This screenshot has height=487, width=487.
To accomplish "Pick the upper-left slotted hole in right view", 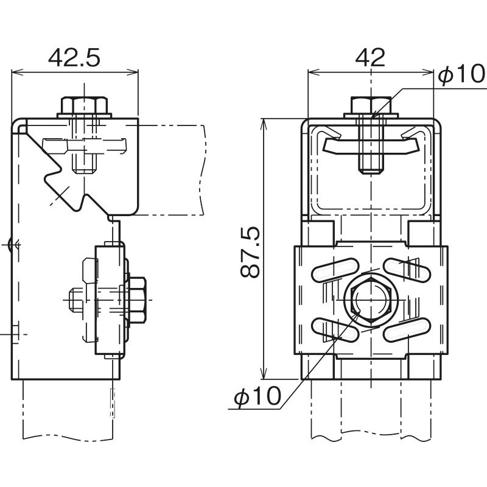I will (x=335, y=270).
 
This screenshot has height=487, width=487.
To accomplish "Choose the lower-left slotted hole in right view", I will (x=335, y=332).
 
